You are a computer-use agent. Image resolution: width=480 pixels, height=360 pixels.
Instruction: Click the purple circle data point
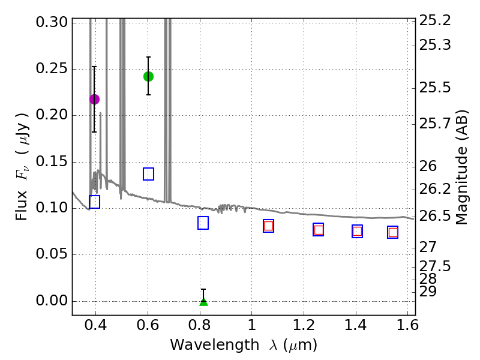pos(94,99)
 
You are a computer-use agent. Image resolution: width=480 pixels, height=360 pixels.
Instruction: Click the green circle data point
pos(148,76)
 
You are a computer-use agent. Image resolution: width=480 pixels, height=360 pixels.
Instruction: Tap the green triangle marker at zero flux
pos(203,301)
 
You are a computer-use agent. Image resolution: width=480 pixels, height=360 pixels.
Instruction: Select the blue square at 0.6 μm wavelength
pos(148,174)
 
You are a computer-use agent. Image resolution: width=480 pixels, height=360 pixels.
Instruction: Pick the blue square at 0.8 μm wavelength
pos(203,223)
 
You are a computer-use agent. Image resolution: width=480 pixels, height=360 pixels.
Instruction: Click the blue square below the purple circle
pos(94,202)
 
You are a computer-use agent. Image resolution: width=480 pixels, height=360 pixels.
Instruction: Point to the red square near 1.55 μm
pos(393,233)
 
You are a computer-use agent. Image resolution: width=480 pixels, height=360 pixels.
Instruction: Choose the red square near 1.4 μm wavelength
pos(358,232)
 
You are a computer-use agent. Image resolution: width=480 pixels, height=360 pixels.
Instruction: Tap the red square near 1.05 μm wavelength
pos(268,226)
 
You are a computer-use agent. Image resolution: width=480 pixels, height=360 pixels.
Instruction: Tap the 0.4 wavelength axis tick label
pos(95,327)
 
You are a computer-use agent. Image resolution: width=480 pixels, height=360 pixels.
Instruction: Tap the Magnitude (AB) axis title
pos(462,167)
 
